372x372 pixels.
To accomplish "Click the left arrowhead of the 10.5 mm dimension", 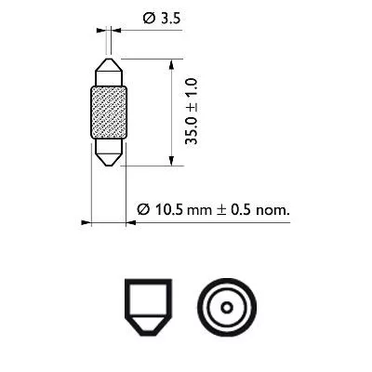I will pos(86,223).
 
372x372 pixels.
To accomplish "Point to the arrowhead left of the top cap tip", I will pos(101,30).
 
